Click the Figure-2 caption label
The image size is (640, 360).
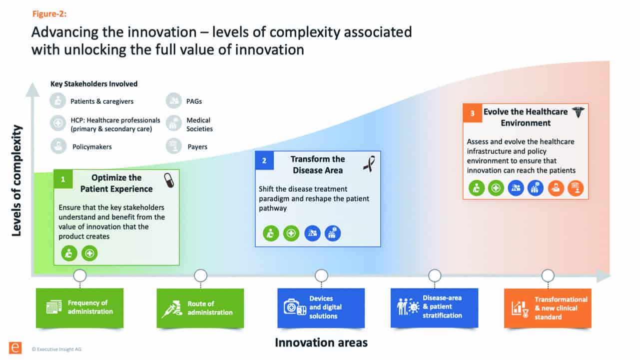(49, 13)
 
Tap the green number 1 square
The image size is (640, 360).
(63, 179)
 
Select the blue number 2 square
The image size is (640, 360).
(264, 160)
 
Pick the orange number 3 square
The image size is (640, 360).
(472, 113)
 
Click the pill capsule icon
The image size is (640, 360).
(169, 180)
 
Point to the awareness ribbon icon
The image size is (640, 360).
(369, 164)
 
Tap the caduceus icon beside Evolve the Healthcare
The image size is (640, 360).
(578, 112)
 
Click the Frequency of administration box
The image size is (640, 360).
(80, 308)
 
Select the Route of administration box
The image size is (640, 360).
(200, 308)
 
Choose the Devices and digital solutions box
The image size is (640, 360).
(321, 308)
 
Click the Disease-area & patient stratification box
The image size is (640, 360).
(434, 308)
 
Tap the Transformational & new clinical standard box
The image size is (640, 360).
(548, 308)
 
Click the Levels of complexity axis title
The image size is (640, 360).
(16, 181)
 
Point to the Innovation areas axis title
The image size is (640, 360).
(321, 343)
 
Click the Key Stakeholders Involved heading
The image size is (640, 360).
(94, 84)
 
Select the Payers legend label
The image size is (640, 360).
(197, 147)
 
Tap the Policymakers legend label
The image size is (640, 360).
(92, 147)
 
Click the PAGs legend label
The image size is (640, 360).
(194, 101)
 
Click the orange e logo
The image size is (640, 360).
(15, 348)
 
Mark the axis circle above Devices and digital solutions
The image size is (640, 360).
(321, 276)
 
